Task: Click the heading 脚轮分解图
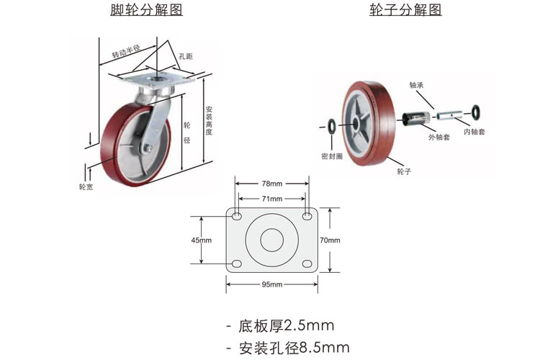146,10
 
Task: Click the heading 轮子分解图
405,10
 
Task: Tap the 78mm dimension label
271,185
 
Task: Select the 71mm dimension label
271,199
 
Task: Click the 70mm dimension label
329,240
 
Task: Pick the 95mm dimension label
271,284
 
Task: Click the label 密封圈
331,156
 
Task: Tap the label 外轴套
438,137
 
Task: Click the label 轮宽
86,187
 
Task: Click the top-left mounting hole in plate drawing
236,216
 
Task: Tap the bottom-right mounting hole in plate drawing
307,264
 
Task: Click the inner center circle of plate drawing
271,240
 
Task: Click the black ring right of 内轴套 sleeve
477,110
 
